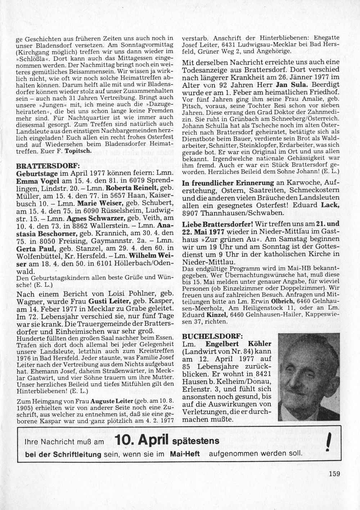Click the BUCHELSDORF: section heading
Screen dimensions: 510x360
click(212, 336)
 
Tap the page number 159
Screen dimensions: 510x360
click(334, 474)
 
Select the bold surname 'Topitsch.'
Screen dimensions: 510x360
click(80, 152)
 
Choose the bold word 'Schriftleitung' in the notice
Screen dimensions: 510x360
click(77, 454)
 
